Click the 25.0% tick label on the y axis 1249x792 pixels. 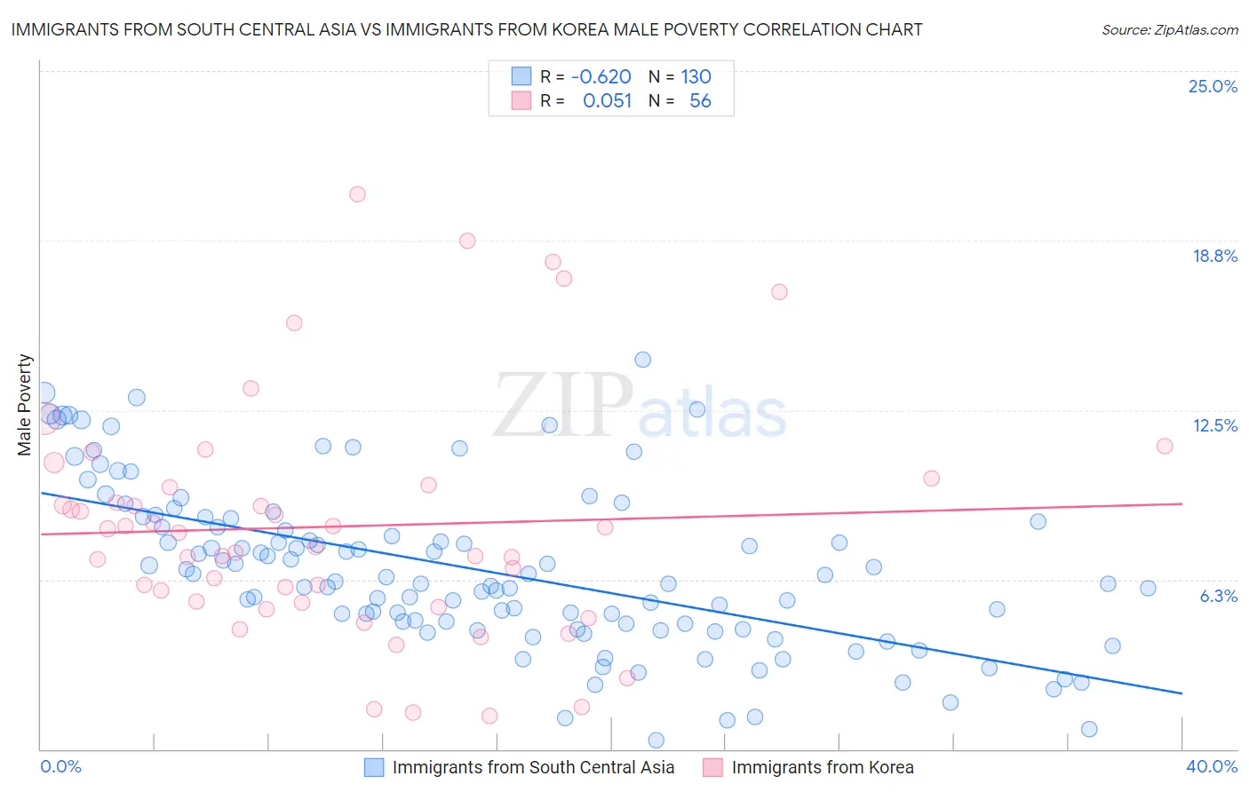1213,87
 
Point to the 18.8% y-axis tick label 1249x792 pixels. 1214,257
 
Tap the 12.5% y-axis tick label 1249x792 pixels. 1214,426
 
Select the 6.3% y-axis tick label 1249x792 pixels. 1218,596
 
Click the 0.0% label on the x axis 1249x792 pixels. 60,766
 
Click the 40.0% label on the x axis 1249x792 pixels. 1211,766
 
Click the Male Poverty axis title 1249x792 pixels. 25,405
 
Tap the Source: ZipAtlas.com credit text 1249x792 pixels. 1169,29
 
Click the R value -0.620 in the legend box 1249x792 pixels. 601,77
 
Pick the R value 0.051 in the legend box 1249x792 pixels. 607,101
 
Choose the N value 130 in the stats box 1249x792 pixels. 696,77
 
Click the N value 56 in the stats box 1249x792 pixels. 700,101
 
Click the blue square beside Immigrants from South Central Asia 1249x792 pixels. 374,767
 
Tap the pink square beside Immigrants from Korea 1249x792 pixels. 712,767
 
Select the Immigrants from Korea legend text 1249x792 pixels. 822,767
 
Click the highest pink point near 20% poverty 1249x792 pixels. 357,194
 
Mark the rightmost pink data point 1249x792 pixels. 1165,446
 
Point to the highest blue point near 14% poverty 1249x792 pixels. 642,360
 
